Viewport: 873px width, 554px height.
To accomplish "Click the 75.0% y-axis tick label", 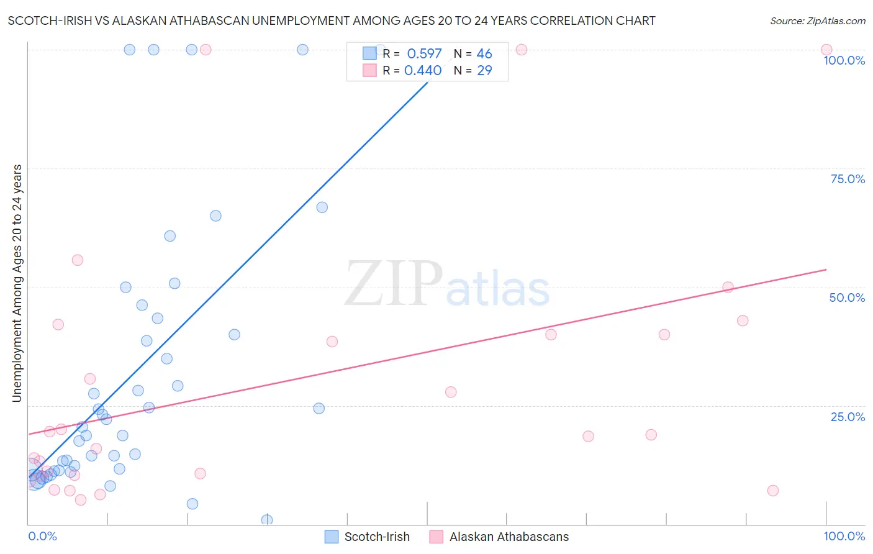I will point(848,179).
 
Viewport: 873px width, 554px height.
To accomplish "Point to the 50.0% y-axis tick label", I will point(847,297).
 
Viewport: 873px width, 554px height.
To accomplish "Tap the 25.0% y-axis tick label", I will point(848,417).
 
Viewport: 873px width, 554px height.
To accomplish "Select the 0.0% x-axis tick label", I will point(42,536).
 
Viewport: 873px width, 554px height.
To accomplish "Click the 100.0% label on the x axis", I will point(844,536).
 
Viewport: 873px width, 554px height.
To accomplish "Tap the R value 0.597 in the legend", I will point(424,54).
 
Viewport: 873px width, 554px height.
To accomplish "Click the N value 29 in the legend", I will point(484,71).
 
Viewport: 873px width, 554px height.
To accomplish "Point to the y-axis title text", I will point(17,283).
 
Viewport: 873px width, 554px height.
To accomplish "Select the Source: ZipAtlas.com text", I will point(817,21).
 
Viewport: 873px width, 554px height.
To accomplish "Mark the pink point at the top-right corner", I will point(826,50).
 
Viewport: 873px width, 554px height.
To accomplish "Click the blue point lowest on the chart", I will point(267,520).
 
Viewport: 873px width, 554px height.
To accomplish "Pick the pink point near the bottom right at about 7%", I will point(773,491).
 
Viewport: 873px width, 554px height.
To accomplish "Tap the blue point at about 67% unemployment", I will point(322,207).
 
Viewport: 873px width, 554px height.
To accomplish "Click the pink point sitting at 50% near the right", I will point(728,287).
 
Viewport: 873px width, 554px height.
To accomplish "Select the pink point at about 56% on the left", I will point(78,260).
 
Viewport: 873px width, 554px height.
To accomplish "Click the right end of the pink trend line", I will point(826,270).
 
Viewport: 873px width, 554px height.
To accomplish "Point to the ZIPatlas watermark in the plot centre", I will point(447,284).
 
